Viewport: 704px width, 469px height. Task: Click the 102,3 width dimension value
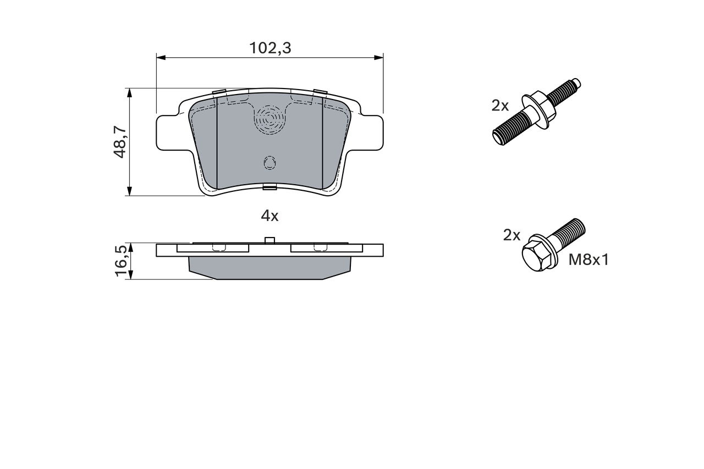point(269,48)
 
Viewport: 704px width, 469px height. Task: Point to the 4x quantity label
point(269,216)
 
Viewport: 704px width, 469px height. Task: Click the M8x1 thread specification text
point(588,260)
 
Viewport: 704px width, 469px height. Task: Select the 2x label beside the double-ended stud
point(501,106)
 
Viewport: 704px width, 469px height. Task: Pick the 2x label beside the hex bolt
point(512,235)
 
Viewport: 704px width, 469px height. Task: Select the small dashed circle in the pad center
point(269,163)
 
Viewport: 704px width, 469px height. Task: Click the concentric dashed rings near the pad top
point(269,118)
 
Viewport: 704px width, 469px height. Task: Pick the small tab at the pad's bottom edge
point(269,187)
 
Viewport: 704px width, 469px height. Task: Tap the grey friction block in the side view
point(269,267)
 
